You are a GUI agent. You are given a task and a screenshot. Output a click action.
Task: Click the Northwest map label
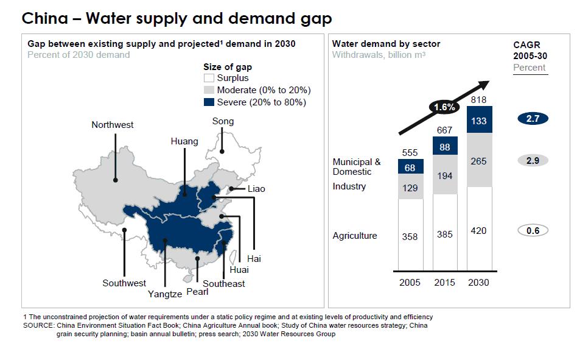(113, 125)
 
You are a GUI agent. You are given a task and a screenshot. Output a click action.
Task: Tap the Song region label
(223, 121)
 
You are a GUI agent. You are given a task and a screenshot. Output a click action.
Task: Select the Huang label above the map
(184, 141)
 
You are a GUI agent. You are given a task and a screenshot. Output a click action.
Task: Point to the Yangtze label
(165, 294)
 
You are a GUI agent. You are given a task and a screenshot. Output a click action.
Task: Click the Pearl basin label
(197, 291)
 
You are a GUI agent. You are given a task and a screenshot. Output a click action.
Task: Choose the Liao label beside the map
(256, 189)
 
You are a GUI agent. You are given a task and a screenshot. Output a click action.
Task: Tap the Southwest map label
(124, 283)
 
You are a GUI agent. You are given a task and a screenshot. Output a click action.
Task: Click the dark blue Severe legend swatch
(209, 102)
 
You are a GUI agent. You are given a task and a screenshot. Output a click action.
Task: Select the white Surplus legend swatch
(209, 78)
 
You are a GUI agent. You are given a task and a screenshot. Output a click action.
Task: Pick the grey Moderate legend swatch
(209, 90)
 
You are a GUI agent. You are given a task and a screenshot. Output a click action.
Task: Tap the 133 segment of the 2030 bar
(479, 121)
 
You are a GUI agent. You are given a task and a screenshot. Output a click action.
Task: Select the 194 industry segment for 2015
(445, 175)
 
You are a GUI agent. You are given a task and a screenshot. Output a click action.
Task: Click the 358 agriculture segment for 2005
(410, 236)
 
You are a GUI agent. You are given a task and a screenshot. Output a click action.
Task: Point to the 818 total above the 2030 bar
(479, 99)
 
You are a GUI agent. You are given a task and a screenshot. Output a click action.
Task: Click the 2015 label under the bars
(445, 282)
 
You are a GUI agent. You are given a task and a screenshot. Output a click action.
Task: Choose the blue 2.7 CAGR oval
(533, 119)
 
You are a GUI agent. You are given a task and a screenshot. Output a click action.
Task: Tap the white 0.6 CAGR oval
(533, 230)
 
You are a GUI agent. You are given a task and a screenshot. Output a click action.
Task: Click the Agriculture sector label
(355, 236)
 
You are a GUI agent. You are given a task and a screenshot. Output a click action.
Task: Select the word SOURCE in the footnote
(38, 325)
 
